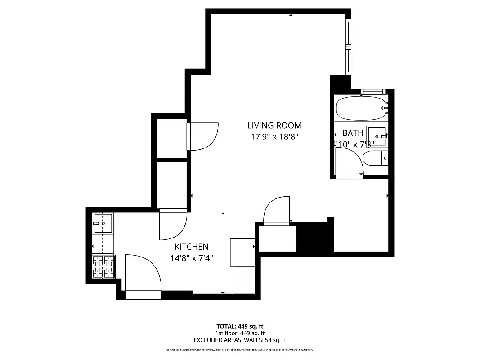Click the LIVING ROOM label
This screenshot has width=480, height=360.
click(x=274, y=126)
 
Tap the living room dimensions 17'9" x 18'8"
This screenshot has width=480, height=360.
click(x=274, y=137)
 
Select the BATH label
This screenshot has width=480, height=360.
click(x=353, y=133)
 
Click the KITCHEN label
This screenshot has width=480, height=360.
click(x=191, y=247)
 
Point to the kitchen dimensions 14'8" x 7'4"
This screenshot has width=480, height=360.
click(x=191, y=258)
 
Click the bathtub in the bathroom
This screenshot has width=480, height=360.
click(x=361, y=108)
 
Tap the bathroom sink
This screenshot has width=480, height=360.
click(x=377, y=135)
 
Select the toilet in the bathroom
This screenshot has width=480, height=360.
click(x=375, y=158)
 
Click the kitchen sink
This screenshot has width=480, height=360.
click(x=103, y=223)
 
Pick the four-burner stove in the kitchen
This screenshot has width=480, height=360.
click(x=103, y=266)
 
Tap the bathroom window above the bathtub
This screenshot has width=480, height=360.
click(x=373, y=92)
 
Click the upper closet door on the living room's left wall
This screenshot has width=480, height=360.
click(x=203, y=136)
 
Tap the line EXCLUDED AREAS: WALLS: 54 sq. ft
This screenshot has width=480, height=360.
click(x=240, y=340)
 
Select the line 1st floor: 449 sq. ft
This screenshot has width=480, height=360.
click(x=240, y=333)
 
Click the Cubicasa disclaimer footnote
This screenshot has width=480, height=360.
click(x=240, y=350)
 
